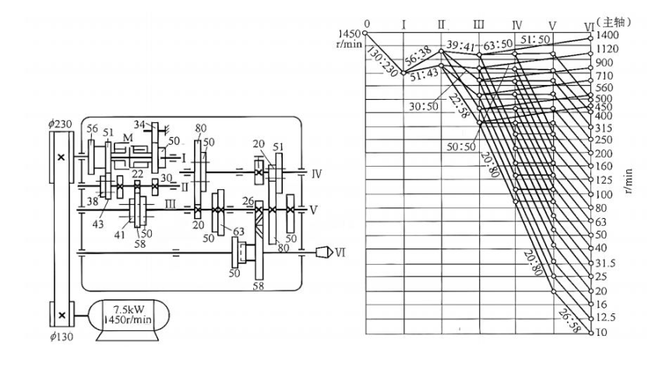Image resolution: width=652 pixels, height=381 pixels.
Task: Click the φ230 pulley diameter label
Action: click(59, 124)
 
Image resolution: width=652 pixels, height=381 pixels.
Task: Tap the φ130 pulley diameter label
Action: click(62, 336)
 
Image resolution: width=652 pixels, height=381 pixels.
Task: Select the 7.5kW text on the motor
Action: click(129, 309)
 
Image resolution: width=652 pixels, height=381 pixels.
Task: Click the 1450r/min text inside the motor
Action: click(128, 319)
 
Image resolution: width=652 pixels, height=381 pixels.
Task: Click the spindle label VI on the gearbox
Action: click(340, 252)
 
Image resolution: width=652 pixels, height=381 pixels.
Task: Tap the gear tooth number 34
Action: click(139, 125)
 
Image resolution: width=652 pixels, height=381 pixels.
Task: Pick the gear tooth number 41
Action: click(119, 235)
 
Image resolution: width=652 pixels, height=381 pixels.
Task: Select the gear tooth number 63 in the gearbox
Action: click(238, 231)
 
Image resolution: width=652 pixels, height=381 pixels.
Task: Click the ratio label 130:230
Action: click(382, 62)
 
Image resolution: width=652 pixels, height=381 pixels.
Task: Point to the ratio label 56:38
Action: click(418, 57)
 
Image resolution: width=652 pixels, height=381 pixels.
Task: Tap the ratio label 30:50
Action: click(423, 107)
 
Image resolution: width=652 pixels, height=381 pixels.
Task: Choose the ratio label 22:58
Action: click(459, 106)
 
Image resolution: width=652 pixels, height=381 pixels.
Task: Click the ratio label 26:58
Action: click(569, 321)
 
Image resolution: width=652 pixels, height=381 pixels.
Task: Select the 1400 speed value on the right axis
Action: click(608, 35)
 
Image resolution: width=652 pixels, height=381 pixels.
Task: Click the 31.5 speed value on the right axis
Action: click(605, 263)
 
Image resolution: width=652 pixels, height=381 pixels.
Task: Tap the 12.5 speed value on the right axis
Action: click(605, 318)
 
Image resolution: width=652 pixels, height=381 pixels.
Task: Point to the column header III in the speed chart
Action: click(478, 24)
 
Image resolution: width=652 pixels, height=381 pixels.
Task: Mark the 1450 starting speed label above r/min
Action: click(350, 34)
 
